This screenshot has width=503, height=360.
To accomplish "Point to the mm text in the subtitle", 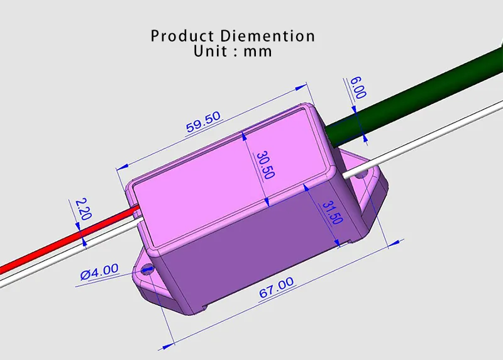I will point(258,52).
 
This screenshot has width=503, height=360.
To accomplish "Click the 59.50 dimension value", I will point(203,121).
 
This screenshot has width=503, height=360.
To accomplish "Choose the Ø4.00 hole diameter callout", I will point(99,272).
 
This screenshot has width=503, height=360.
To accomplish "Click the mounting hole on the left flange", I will point(148,271).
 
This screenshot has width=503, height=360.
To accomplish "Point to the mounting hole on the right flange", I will point(362,177).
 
